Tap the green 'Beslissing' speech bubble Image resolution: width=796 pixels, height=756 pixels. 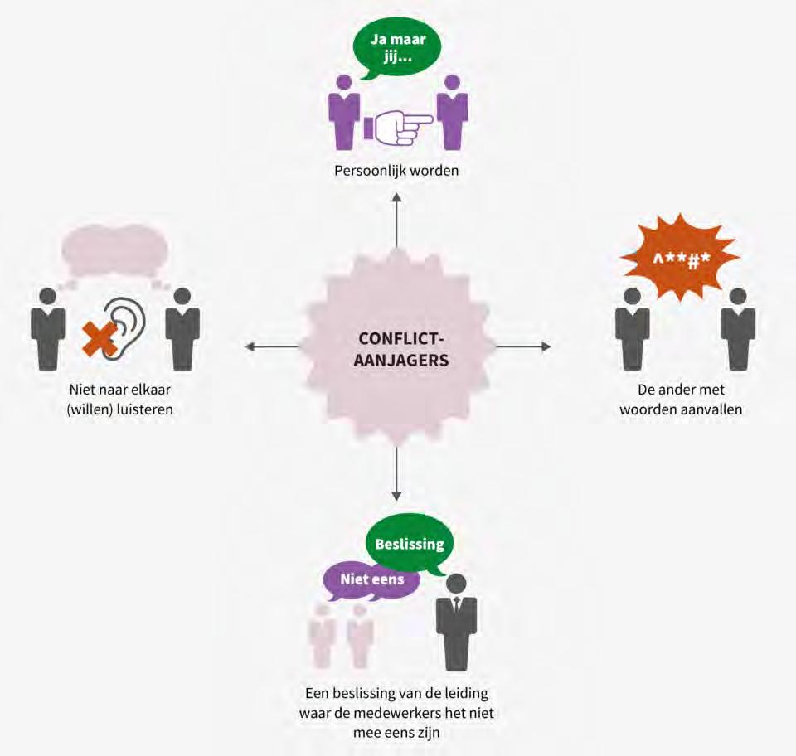click(x=410, y=545)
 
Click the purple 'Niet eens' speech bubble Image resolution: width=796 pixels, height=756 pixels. click(x=372, y=579)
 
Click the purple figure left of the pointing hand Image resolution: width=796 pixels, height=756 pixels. click(x=341, y=112)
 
